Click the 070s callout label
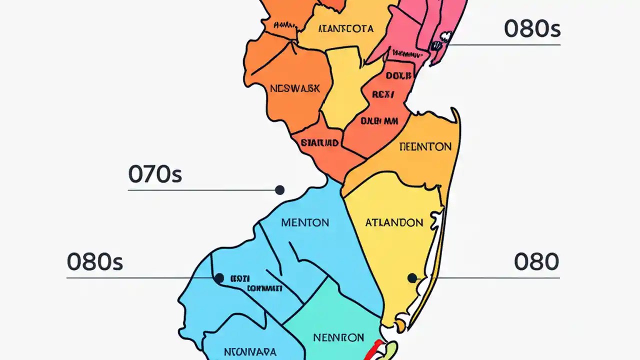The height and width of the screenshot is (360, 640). pyautogui.click(x=155, y=174)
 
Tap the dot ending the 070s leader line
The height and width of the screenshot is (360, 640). pyautogui.click(x=280, y=190)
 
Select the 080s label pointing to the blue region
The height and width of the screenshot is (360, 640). pyautogui.click(x=94, y=262)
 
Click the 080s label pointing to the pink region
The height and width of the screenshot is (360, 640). pyautogui.click(x=532, y=29)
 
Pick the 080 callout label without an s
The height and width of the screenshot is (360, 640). pyautogui.click(x=536, y=262)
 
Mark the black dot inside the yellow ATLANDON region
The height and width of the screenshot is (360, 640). pyautogui.click(x=412, y=278)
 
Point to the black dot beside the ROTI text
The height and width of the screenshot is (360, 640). pyautogui.click(x=219, y=278)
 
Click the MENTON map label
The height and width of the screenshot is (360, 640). pyautogui.click(x=305, y=222)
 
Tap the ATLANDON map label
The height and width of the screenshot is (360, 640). pyautogui.click(x=394, y=222)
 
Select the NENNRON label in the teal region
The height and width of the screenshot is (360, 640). pyautogui.click(x=338, y=337)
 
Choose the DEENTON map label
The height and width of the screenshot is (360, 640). pyautogui.click(x=425, y=147)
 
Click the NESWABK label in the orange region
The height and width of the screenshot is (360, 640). pyautogui.click(x=294, y=88)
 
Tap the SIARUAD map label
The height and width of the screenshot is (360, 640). pyautogui.click(x=320, y=143)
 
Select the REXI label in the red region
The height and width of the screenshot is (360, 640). pyautogui.click(x=383, y=94)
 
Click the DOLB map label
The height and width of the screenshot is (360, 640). pyautogui.click(x=398, y=76)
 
